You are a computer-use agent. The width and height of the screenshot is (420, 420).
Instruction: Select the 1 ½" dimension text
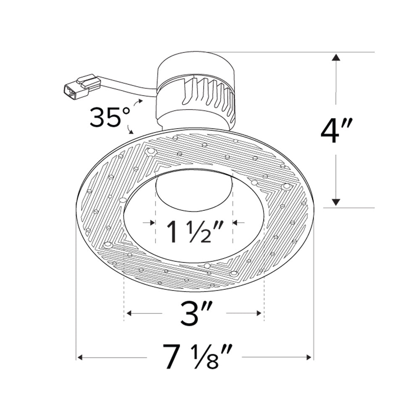click(194, 232)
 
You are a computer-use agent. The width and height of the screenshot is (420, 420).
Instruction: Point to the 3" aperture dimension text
click(194, 314)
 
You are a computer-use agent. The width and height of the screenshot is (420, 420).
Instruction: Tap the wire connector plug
click(81, 86)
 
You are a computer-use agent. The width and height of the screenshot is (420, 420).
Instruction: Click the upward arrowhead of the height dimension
click(335, 58)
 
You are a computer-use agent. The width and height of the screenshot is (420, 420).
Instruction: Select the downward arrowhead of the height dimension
click(335, 202)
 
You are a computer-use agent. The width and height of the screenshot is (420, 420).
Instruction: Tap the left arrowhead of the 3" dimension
click(129, 313)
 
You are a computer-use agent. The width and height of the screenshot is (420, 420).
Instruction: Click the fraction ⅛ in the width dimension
click(209, 357)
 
